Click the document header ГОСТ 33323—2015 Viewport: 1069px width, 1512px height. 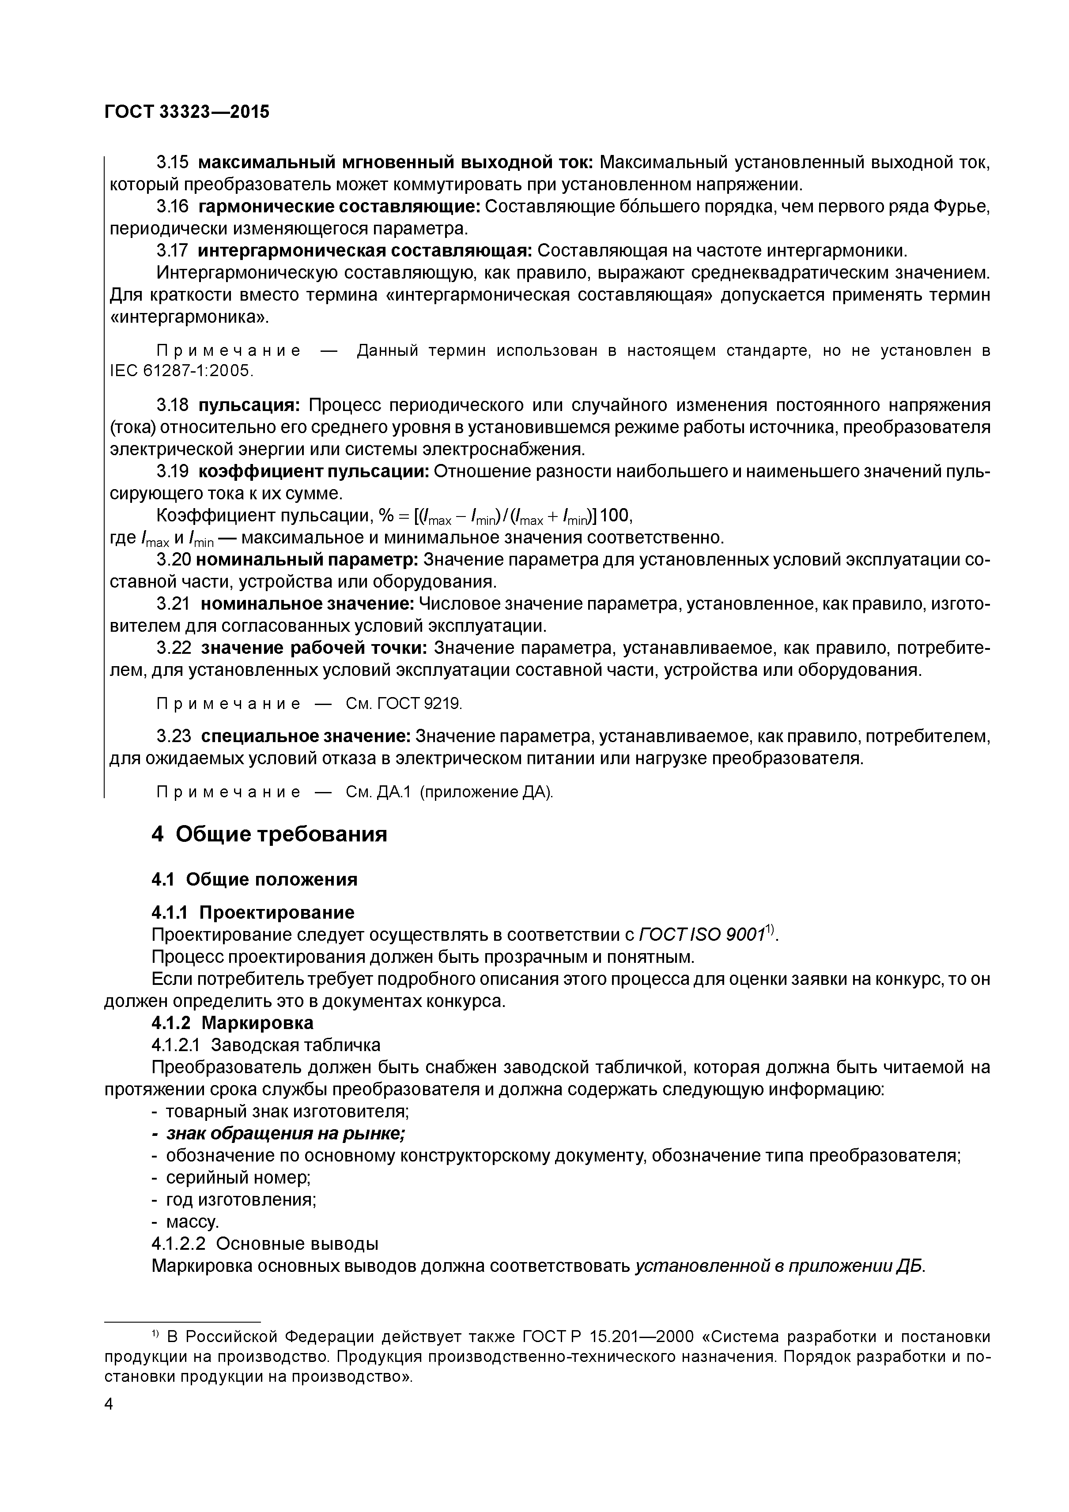tap(187, 112)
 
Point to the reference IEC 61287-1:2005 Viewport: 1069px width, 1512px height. tap(181, 371)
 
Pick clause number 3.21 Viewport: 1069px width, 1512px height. tap(173, 603)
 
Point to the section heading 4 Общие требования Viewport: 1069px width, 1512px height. tap(269, 834)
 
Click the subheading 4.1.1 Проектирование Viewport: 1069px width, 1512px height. tap(253, 912)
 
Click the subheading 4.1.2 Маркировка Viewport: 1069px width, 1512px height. tap(233, 1023)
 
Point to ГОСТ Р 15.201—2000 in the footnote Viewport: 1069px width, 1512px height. tap(608, 1336)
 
